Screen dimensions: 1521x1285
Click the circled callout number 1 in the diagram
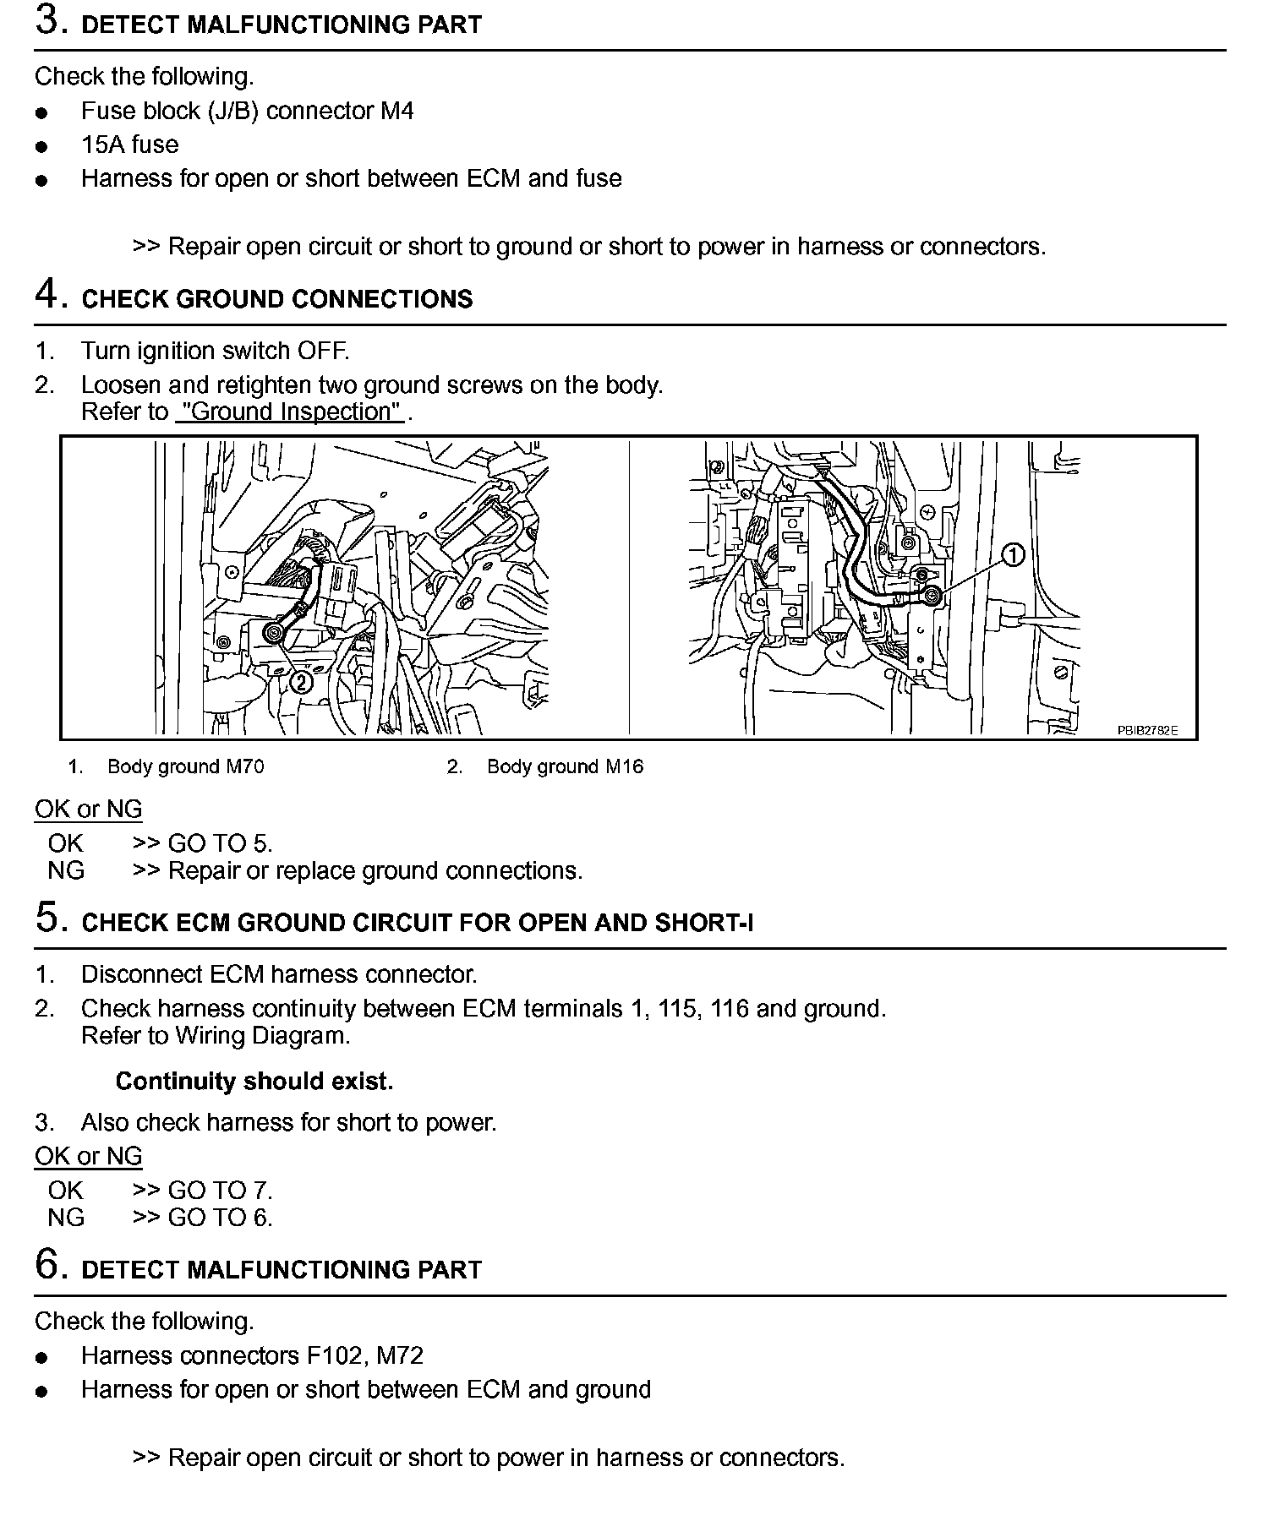(x=1013, y=555)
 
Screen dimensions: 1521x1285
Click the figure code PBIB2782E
(x=1147, y=731)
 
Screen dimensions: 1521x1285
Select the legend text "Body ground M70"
(x=185, y=767)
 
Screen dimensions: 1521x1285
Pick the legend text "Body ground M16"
(x=565, y=767)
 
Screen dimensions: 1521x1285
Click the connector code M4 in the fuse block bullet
(x=396, y=111)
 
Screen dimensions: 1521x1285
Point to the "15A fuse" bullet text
(x=130, y=144)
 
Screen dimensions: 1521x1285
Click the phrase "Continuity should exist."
(x=254, y=1082)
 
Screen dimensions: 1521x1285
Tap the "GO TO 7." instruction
(x=220, y=1191)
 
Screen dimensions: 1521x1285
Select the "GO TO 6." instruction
(x=220, y=1218)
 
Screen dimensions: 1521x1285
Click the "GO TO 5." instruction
(x=220, y=843)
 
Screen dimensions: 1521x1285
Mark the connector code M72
(x=400, y=1356)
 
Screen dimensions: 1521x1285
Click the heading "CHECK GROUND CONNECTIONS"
(x=277, y=300)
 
